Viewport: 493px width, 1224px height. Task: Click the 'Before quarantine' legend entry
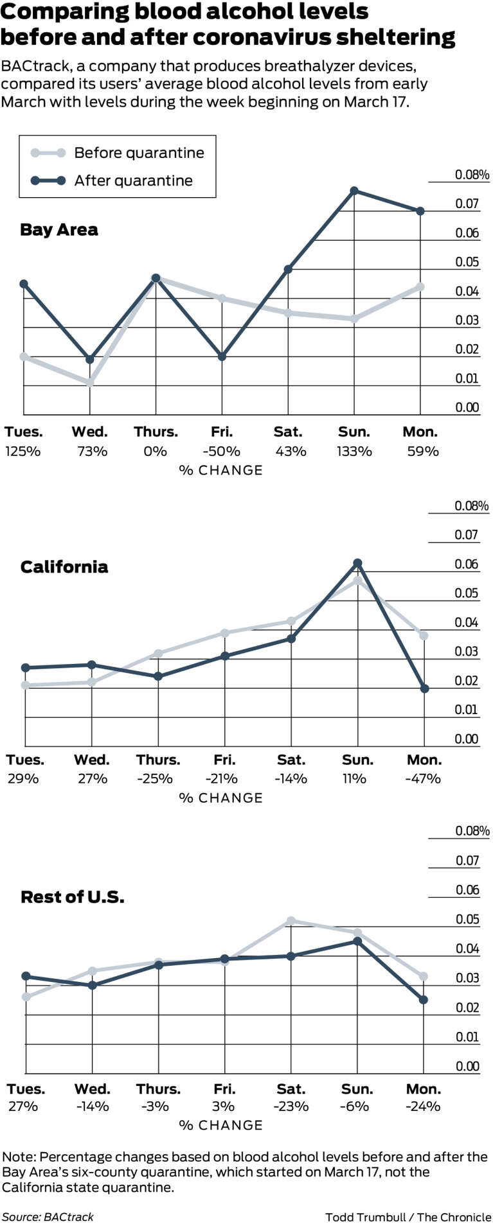pyautogui.click(x=118, y=153)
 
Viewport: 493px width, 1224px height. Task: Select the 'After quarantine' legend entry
pyautogui.click(x=112, y=180)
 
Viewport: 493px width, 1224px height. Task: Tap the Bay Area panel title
pyautogui.click(x=59, y=230)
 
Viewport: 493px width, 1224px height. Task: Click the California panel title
pyautogui.click(x=64, y=567)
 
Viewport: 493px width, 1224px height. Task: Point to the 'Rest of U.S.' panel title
pyautogui.click(x=73, y=897)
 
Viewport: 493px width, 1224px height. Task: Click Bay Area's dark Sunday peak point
pyautogui.click(x=354, y=191)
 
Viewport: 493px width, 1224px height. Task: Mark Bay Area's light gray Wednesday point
pyautogui.click(x=90, y=383)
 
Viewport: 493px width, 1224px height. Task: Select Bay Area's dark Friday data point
pyautogui.click(x=222, y=356)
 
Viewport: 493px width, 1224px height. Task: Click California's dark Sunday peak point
pyautogui.click(x=358, y=563)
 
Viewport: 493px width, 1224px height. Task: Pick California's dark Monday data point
pyautogui.click(x=424, y=688)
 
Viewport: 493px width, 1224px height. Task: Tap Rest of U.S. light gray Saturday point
pyautogui.click(x=291, y=921)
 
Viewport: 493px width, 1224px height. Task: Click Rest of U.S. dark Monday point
pyautogui.click(x=424, y=1000)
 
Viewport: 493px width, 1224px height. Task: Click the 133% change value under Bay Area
pyautogui.click(x=354, y=451)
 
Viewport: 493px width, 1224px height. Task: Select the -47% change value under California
pyautogui.click(x=424, y=779)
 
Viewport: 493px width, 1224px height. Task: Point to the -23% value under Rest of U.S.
pyautogui.click(x=291, y=1106)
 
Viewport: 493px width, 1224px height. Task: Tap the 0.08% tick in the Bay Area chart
pyautogui.click(x=472, y=175)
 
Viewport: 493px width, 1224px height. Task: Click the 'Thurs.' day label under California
pyautogui.click(x=157, y=760)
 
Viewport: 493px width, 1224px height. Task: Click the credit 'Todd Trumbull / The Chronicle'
pyautogui.click(x=408, y=1216)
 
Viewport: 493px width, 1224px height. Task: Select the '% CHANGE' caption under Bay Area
pyautogui.click(x=221, y=471)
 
